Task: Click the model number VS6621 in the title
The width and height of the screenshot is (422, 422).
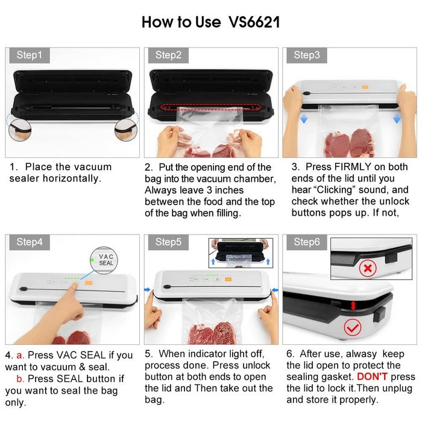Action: (254, 22)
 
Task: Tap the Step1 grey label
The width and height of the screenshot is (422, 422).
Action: (30, 55)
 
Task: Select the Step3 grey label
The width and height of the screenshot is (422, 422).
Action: (306, 55)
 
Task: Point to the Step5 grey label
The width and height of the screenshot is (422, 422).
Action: (168, 242)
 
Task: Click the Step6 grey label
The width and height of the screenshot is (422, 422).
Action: (306, 242)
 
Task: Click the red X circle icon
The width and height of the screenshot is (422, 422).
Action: (368, 268)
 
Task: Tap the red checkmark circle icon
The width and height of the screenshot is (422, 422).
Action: (352, 327)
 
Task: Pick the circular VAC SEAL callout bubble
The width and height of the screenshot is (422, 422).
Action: (104, 260)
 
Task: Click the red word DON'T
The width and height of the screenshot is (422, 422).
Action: (372, 377)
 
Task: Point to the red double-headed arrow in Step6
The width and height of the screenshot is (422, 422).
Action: (353, 306)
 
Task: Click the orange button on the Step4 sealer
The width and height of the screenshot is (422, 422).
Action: (89, 283)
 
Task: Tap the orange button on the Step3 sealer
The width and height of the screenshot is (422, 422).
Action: (365, 87)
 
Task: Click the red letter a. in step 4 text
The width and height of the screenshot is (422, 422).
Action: (20, 356)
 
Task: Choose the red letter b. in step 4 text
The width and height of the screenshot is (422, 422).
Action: (20, 379)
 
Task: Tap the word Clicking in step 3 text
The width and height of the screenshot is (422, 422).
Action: (335, 190)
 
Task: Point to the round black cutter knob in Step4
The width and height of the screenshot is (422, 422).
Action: (24, 289)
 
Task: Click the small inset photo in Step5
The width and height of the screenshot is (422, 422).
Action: (241, 253)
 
